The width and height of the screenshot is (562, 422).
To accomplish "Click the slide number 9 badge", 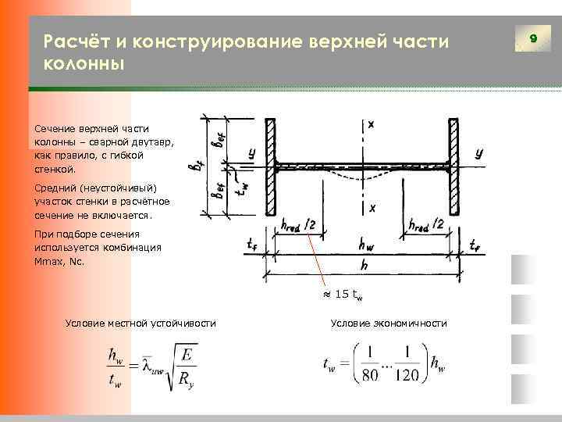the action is (533, 38).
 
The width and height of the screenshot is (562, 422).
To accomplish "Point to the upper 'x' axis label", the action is (372, 125).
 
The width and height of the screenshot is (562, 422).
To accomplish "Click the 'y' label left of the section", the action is (251, 155).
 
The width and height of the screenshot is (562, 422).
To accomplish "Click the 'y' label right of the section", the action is (478, 153).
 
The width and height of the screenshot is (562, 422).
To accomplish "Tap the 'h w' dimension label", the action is (364, 244).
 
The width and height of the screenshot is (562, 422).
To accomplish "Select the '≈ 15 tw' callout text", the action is (343, 295).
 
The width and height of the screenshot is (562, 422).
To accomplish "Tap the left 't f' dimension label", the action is (251, 245).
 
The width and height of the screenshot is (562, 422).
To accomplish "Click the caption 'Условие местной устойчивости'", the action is (141, 324).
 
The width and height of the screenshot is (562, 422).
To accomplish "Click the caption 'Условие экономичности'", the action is (388, 324).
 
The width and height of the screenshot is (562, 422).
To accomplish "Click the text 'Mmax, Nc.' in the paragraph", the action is (60, 263).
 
